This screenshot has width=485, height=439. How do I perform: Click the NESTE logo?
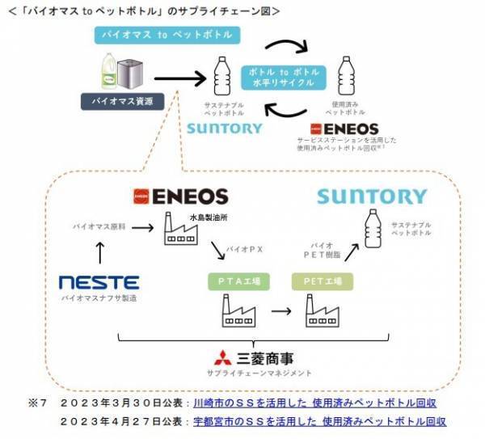tap(99, 283)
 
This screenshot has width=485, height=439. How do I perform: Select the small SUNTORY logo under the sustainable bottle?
tap(224, 128)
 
